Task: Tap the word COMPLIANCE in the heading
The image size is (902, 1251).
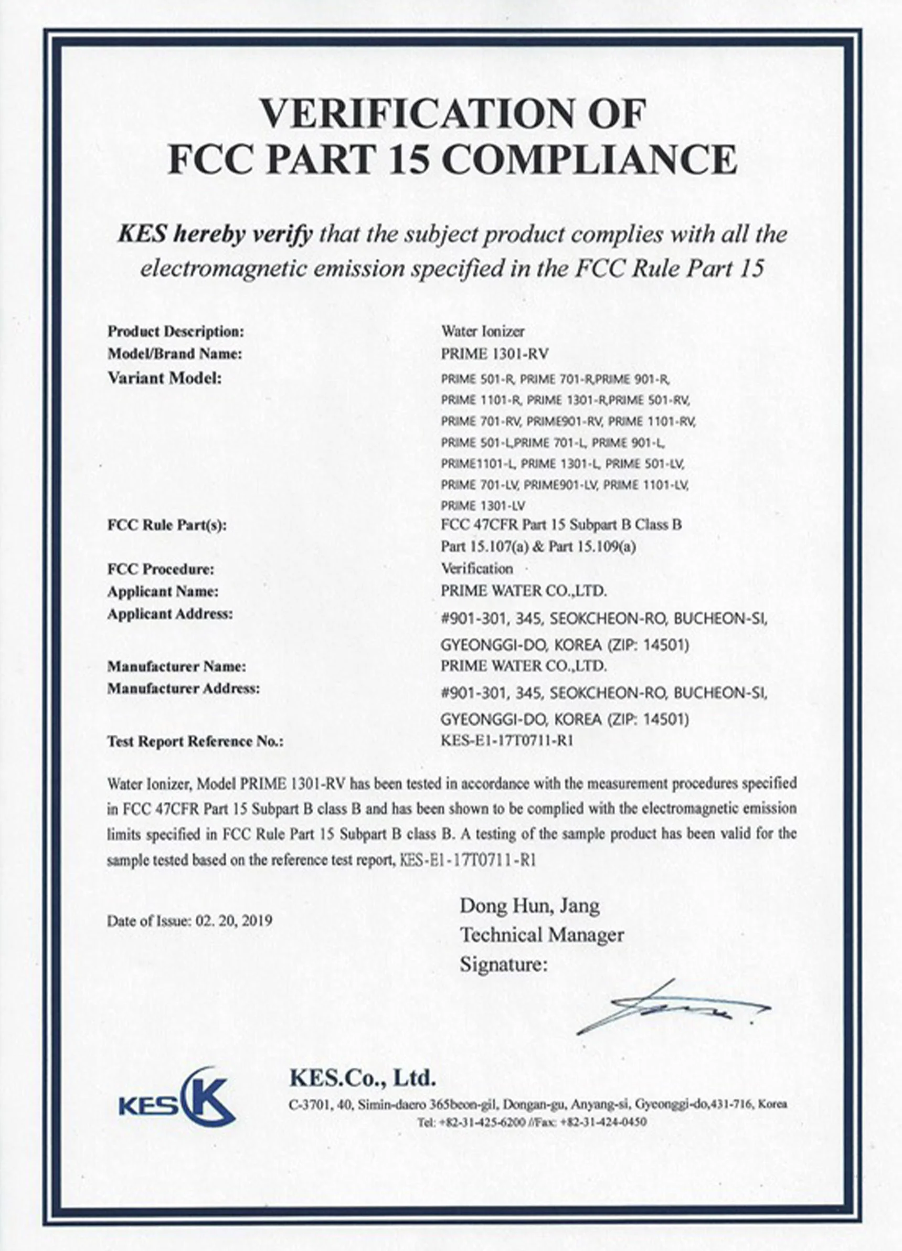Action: (x=589, y=160)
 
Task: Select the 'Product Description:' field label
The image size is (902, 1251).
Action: (x=175, y=332)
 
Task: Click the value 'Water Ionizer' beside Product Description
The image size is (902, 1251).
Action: (x=482, y=331)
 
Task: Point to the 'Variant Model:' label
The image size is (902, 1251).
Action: (x=164, y=378)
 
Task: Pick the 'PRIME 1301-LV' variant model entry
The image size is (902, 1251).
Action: (x=483, y=506)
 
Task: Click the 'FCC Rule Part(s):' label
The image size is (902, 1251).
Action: (x=167, y=525)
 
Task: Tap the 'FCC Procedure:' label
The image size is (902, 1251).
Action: (x=161, y=569)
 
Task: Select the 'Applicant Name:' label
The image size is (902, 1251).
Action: (x=163, y=591)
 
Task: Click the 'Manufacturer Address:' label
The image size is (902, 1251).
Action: (x=183, y=688)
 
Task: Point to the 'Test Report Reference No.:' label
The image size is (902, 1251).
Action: (x=195, y=741)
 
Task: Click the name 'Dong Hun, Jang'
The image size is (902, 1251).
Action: (x=529, y=906)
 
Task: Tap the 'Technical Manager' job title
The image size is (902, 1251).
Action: (x=542, y=935)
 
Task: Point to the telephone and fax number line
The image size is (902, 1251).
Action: (x=532, y=1122)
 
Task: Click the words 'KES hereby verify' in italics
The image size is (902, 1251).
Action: (x=215, y=235)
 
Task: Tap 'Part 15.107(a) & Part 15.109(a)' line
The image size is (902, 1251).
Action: (x=538, y=547)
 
